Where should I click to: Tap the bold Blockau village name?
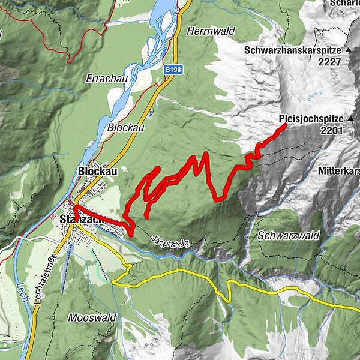click(95, 170)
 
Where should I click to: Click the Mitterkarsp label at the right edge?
click(339, 170)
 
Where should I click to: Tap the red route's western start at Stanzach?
click(76, 208)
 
